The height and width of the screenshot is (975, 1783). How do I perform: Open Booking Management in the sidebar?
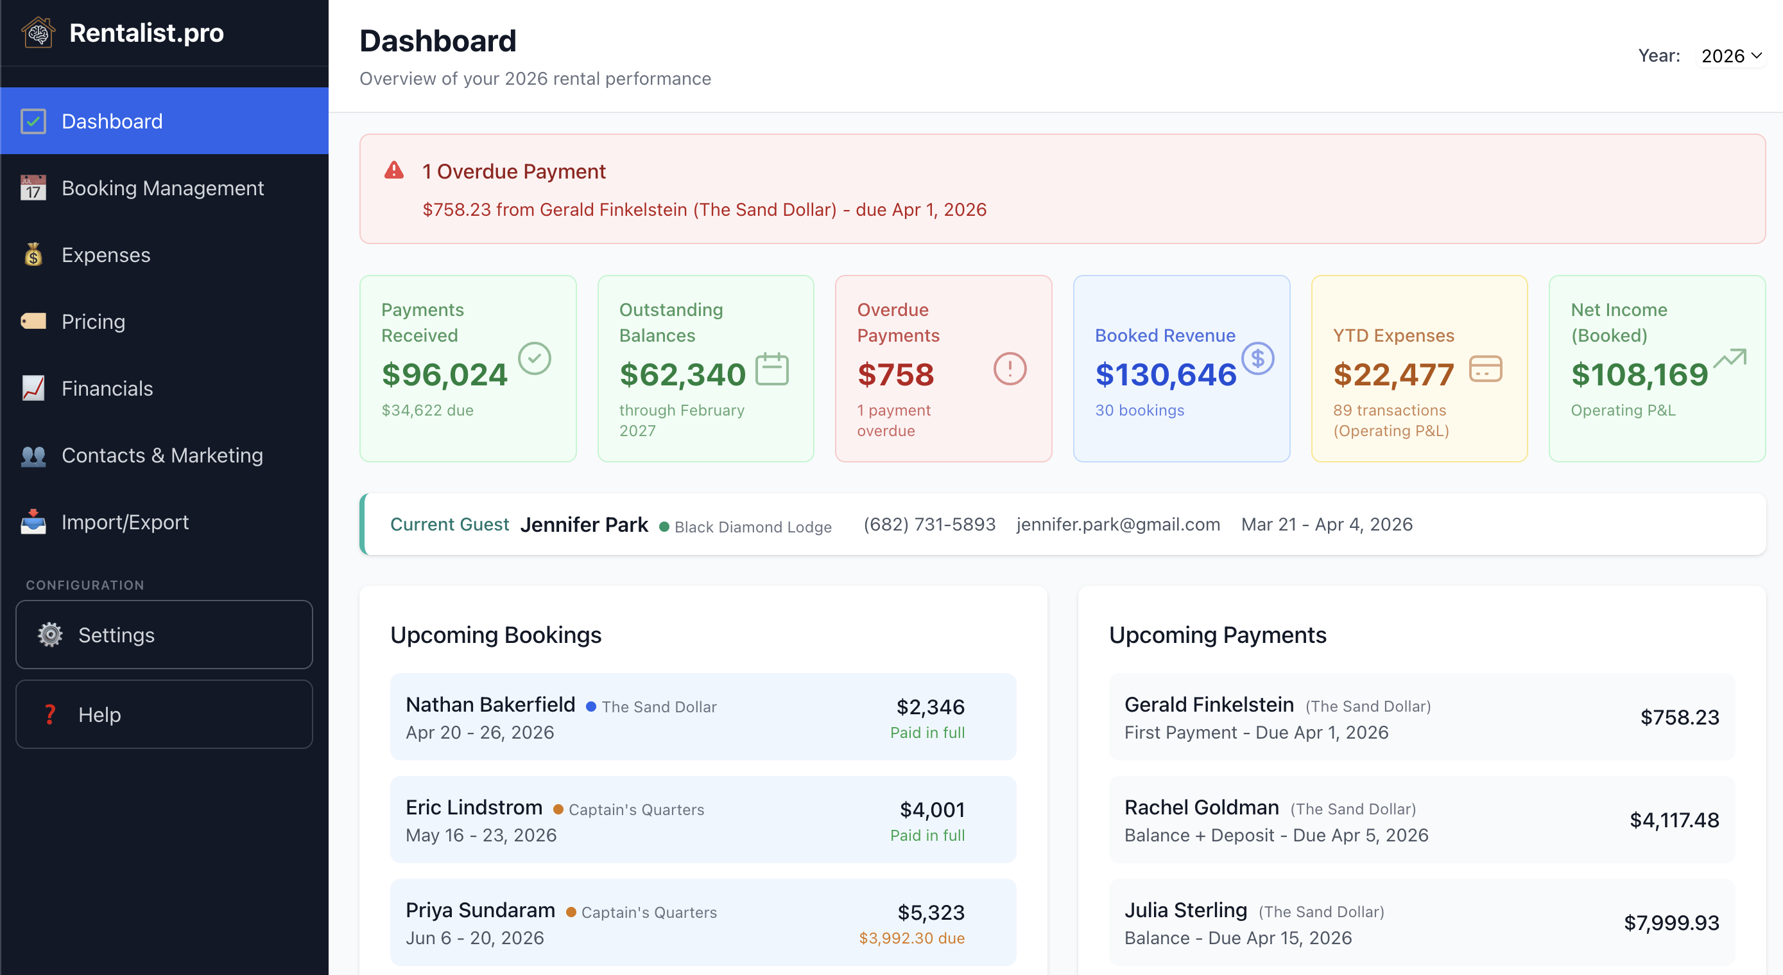coord(162,188)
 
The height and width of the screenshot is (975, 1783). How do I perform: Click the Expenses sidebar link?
coord(105,255)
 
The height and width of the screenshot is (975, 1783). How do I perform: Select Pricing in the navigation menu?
coord(93,321)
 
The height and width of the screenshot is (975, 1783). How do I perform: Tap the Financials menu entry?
coord(107,389)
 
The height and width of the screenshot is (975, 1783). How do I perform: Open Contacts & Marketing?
coord(162,455)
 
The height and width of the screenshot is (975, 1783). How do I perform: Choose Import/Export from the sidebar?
coord(125,522)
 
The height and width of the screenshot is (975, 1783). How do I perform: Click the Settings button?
coord(164,635)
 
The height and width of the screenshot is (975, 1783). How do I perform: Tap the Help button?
coord(164,714)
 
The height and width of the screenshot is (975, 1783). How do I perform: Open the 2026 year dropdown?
coord(1731,55)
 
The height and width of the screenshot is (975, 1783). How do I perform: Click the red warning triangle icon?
coord(394,170)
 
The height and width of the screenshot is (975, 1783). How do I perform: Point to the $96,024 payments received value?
coord(444,374)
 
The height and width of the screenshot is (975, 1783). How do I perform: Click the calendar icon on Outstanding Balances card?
coord(771,369)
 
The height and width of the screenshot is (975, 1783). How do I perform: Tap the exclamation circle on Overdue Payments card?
coord(1010,369)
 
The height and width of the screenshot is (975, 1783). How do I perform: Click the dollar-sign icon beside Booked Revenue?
coord(1257,358)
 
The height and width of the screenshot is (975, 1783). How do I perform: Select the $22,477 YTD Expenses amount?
coord(1393,374)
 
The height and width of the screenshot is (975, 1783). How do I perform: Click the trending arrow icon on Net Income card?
coord(1730,358)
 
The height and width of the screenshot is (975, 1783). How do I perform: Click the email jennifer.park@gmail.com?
coord(1118,524)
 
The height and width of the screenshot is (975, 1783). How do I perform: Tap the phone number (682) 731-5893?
coord(929,524)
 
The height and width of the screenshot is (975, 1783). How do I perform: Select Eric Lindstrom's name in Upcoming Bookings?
coord(474,807)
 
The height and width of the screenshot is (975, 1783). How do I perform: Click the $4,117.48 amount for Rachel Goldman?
coord(1674,820)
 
